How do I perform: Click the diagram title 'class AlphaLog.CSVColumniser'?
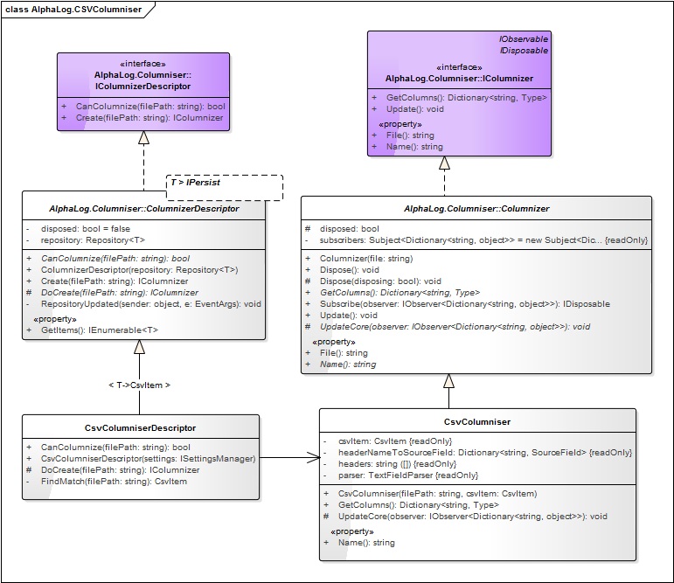73,10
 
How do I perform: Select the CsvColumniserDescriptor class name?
140,427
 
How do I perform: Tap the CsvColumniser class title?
477,422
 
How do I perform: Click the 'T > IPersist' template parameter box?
225,187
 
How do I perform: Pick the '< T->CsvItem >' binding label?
139,385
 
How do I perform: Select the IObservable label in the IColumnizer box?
524,39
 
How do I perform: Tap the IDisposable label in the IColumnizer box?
524,51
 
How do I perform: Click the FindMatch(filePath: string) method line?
114,482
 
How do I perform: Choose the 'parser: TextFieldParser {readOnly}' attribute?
408,475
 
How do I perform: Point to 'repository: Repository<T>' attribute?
93,240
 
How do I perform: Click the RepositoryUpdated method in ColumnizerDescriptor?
151,304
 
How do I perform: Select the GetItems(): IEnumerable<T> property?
100,330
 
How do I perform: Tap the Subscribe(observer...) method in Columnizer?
465,304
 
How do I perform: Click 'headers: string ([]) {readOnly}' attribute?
397,464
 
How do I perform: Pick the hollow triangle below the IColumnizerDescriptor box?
143,137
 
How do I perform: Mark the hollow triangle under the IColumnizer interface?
444,163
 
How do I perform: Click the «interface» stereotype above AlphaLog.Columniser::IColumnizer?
459,67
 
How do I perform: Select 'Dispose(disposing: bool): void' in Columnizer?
380,281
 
